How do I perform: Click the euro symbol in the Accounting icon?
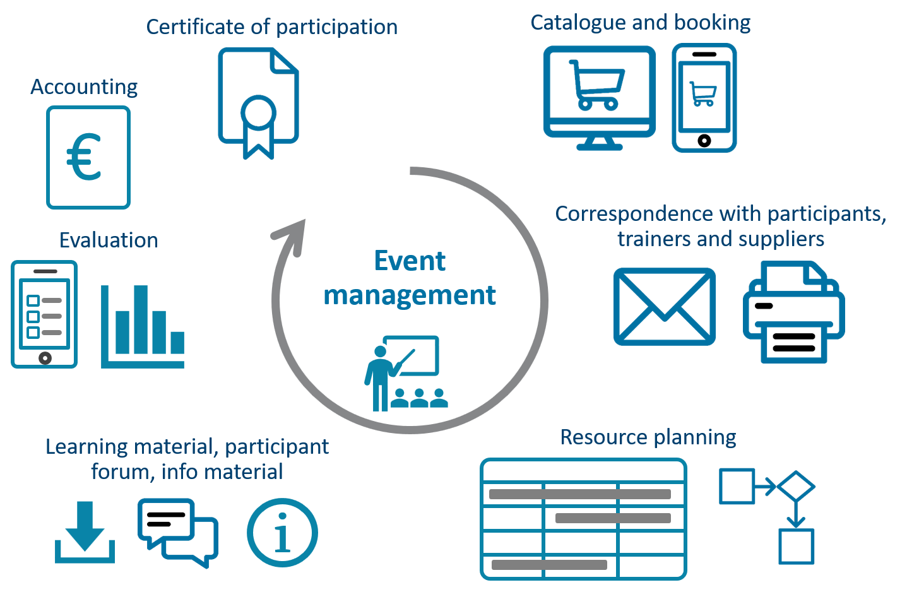(x=83, y=157)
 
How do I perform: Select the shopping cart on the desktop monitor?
(x=596, y=85)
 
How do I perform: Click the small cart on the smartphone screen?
(x=703, y=94)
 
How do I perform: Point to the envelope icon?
(x=665, y=307)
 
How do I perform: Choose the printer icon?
(x=793, y=312)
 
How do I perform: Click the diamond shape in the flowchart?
(x=796, y=486)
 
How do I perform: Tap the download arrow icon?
(x=85, y=532)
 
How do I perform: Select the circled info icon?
(x=282, y=532)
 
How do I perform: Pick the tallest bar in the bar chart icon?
(x=141, y=319)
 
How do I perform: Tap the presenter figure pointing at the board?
(x=382, y=377)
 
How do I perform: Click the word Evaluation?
(x=109, y=240)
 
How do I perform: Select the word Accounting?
(x=84, y=87)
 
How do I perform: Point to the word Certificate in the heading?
(x=196, y=27)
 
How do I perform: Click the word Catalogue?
(x=578, y=23)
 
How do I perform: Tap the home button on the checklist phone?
(x=45, y=358)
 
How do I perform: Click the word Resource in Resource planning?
(x=604, y=437)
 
